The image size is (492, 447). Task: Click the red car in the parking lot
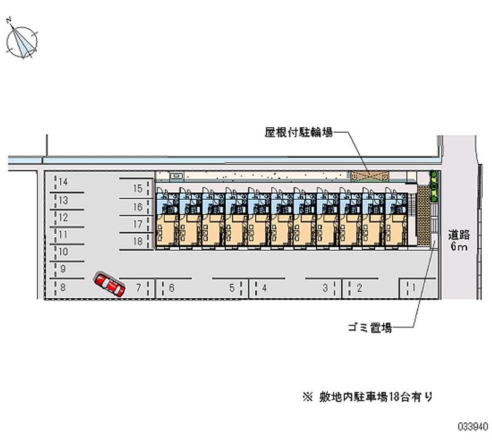pos(109,285)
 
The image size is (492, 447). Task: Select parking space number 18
pos(138,242)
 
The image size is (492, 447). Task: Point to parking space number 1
pos(414,287)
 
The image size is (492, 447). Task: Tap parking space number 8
pos(63,287)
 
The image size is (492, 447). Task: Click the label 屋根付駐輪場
pos(299,132)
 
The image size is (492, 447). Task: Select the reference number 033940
pos(472,425)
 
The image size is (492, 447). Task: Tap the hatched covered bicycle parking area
pos(368,176)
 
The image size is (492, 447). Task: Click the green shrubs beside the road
pos(434,186)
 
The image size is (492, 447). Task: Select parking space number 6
pos(172,287)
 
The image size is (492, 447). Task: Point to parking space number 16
pos(138,207)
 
